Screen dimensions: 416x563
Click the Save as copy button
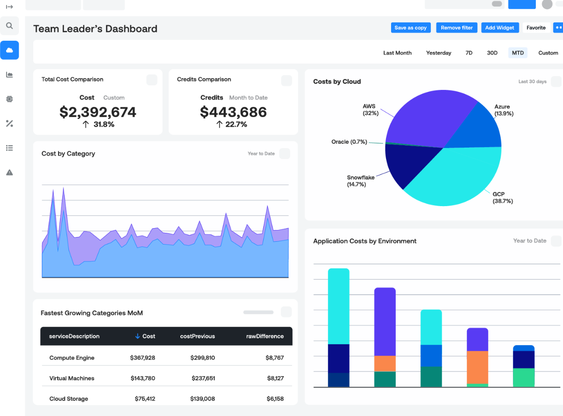[x=410, y=28]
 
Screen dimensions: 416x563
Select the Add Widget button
[x=499, y=28]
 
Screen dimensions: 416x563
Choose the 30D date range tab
[x=492, y=53]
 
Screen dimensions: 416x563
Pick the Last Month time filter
[x=397, y=53]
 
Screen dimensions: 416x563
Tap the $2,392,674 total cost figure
[x=98, y=112]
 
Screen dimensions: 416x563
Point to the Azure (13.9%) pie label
[x=504, y=110]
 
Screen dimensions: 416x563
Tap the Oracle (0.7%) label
[x=349, y=141]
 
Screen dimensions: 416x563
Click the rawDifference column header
[x=265, y=336]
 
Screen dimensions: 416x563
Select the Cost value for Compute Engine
[x=142, y=357]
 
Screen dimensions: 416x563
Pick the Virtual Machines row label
[x=72, y=378]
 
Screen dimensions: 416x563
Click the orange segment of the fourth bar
[x=477, y=367]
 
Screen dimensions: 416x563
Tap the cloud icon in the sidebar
[x=9, y=50]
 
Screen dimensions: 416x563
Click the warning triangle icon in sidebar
[x=9, y=172]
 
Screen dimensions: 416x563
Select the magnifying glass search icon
[x=9, y=26]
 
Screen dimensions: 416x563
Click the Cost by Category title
[x=68, y=154]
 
